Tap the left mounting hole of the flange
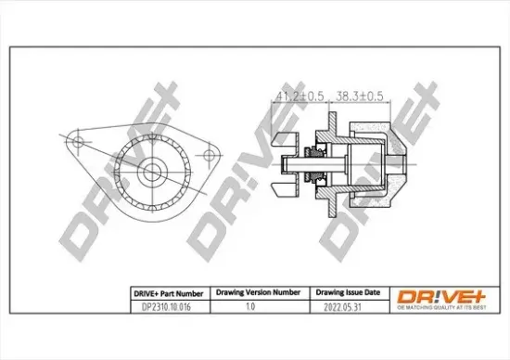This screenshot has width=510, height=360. point(78,144)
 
